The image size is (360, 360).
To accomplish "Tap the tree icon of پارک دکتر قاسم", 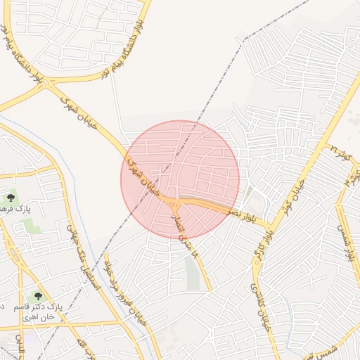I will click(x=38, y=297).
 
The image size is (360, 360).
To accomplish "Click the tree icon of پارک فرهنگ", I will click(x=10, y=199).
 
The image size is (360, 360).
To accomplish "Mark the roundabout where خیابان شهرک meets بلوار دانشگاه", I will click(x=48, y=84).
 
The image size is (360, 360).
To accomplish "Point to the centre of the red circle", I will click(x=180, y=180).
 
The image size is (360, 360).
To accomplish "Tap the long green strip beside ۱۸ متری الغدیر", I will click(x=193, y=273).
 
